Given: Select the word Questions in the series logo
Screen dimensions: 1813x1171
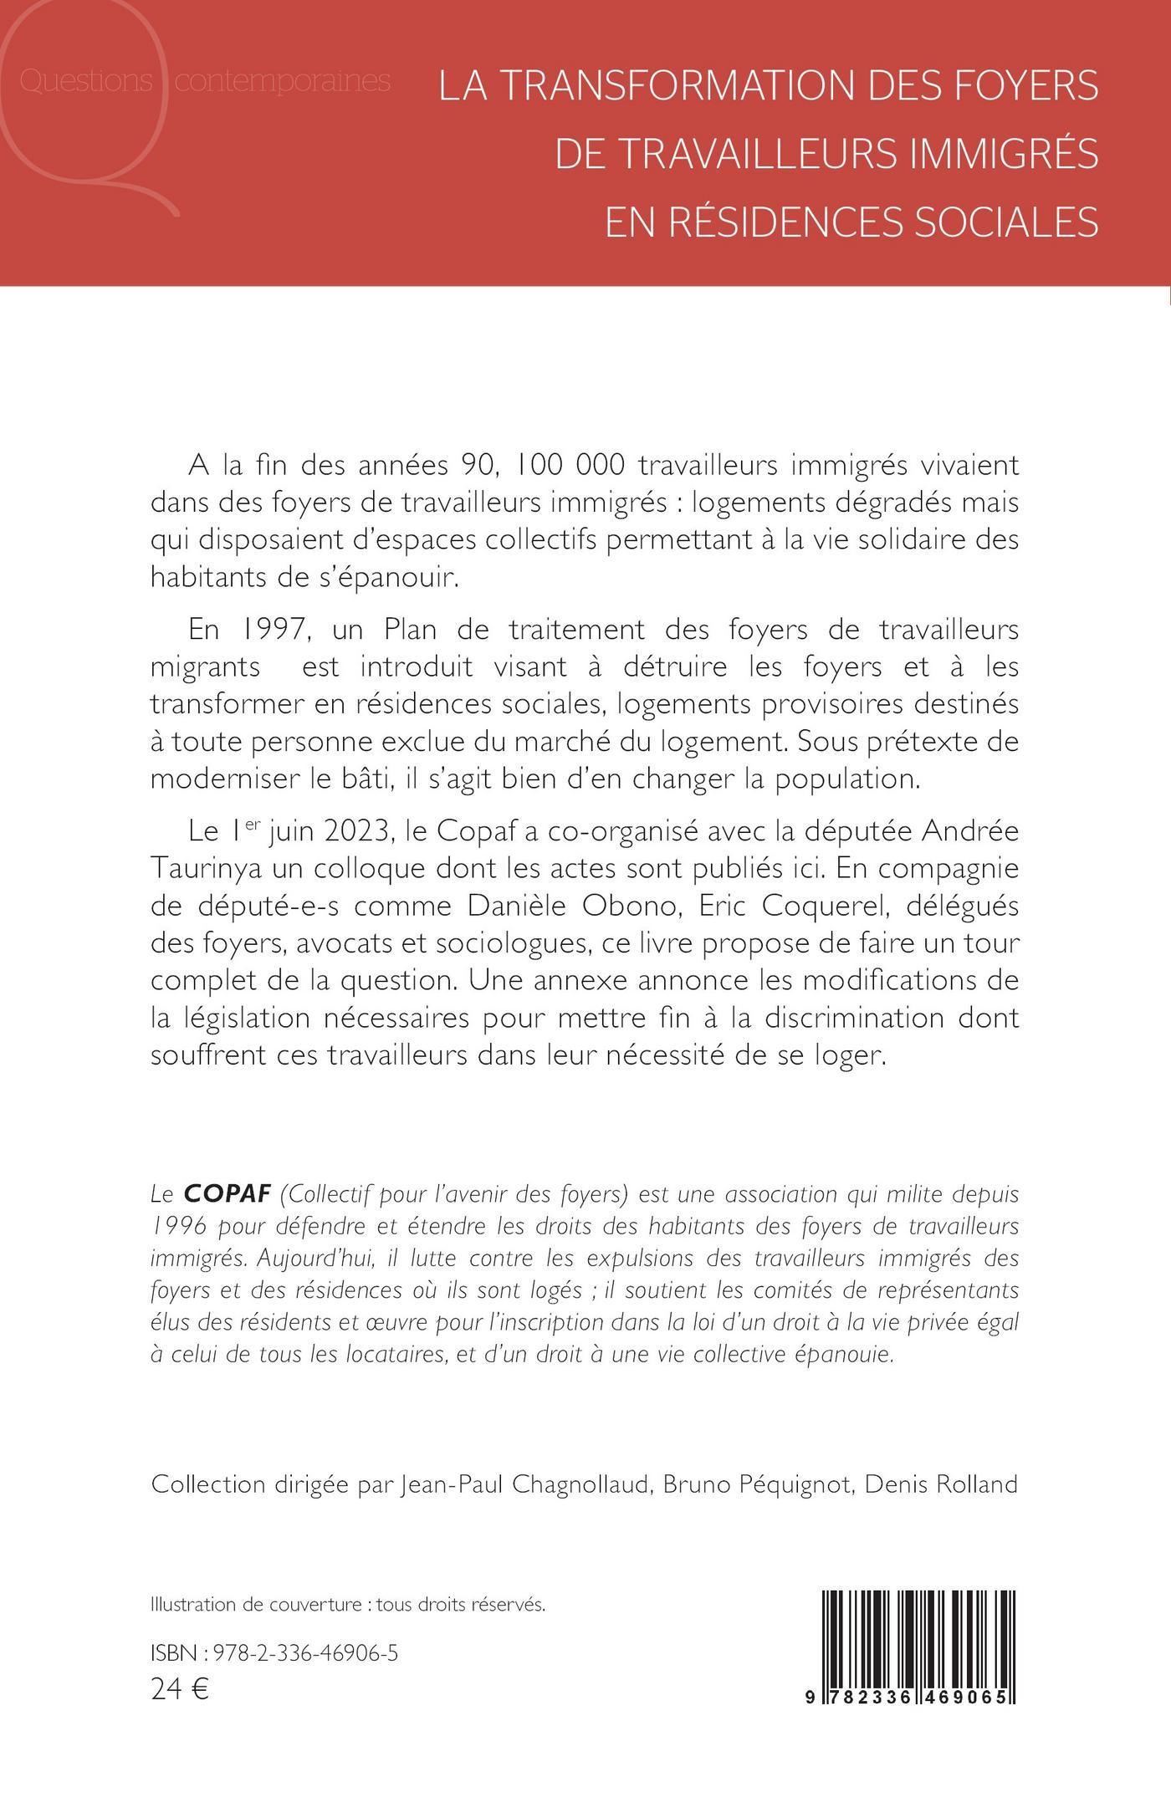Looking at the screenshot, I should click(84, 82).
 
